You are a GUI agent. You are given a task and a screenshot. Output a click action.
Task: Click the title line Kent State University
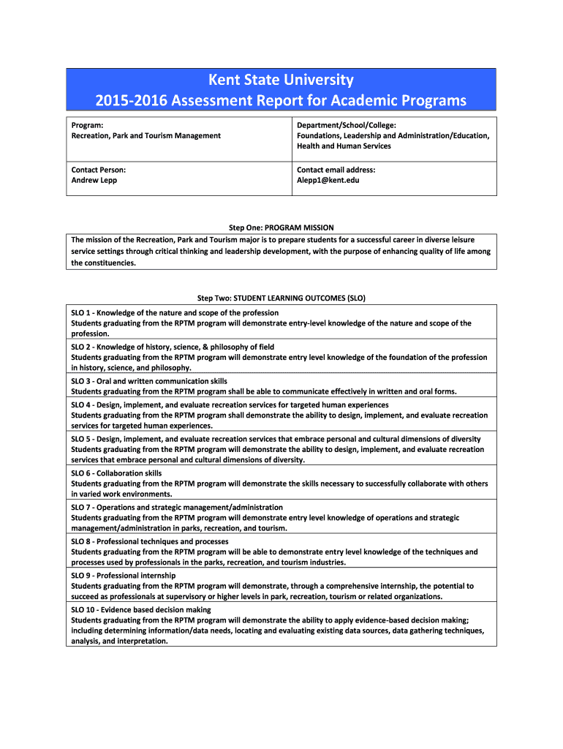(x=281, y=80)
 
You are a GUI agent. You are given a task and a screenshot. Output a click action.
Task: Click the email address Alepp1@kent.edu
(x=328, y=180)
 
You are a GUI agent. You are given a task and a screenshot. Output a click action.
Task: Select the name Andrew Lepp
(x=94, y=180)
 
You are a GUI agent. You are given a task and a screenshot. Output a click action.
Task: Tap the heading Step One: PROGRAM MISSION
(x=281, y=227)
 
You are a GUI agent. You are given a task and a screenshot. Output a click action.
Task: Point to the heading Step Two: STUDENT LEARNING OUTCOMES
(x=281, y=298)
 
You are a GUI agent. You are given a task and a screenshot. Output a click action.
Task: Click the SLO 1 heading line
(x=175, y=313)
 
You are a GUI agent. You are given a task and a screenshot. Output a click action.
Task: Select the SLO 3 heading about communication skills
(x=149, y=381)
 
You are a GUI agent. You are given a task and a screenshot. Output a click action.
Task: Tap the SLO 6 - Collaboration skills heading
(x=116, y=473)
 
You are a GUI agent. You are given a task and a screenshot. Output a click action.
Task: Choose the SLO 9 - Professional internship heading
(x=123, y=576)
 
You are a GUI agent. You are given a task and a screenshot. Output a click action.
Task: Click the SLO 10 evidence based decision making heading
(x=140, y=609)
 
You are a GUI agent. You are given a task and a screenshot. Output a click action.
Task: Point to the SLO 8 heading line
(x=149, y=541)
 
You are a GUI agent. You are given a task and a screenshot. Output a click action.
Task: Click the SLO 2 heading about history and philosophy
(x=173, y=347)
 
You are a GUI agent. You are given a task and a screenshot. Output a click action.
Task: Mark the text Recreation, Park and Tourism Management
(x=146, y=135)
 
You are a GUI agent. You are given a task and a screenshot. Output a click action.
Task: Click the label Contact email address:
(x=336, y=170)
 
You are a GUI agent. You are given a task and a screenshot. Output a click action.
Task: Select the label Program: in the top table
(x=87, y=125)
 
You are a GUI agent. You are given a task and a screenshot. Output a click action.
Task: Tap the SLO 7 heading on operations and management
(x=176, y=508)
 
